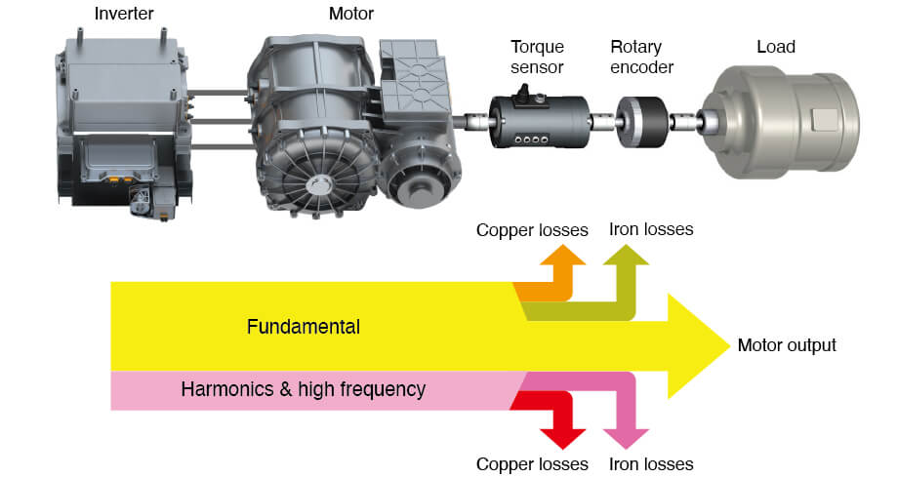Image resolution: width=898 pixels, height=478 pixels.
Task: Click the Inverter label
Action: point(125,15)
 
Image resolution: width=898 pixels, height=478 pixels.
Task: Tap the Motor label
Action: point(351,15)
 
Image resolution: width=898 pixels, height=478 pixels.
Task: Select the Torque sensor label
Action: point(537,56)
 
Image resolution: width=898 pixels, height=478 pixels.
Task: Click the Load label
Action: point(776,46)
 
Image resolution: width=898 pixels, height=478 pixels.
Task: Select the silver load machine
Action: point(791,122)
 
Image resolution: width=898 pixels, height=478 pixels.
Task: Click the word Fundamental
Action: point(303,327)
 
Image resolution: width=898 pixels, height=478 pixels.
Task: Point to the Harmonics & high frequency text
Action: point(303,389)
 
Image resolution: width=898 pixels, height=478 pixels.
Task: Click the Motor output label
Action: point(786,345)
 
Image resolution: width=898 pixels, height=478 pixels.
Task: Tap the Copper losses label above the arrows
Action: point(532,230)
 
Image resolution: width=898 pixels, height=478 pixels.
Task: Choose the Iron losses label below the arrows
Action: point(650,463)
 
